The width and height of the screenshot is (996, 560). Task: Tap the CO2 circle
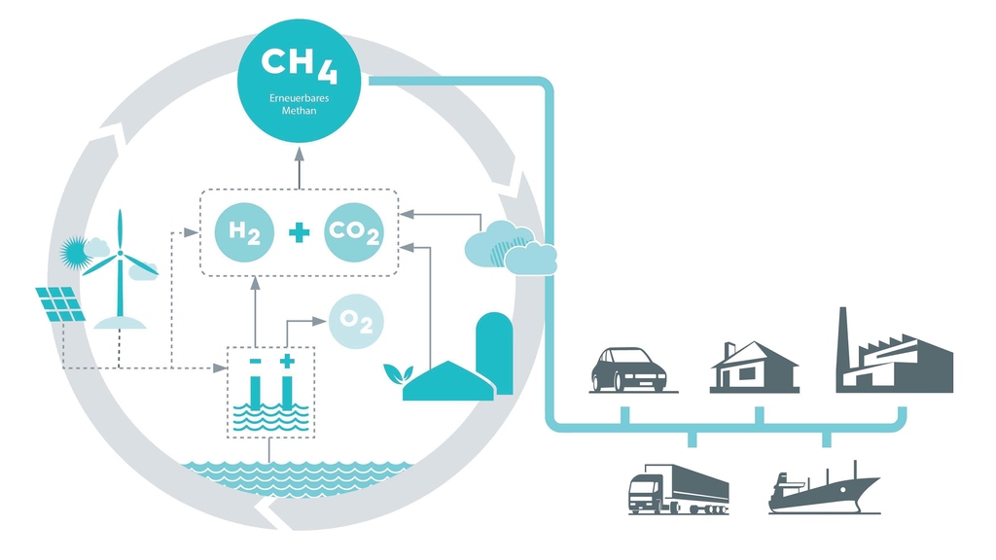pos(354,232)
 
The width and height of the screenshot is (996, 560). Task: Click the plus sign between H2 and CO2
pos(299,232)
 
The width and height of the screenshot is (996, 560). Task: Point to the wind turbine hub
pos(121,255)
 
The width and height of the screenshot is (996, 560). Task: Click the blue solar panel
pos(61,303)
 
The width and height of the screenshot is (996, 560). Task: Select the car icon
pos(628,369)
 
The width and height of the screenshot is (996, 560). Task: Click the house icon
pos(754,367)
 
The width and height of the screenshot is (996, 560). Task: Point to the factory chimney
pos(844,335)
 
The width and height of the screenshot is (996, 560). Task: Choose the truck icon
pos(677,488)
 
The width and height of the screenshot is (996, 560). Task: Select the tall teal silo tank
pos(493,352)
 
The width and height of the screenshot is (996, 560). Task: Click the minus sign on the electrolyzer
pos(255,362)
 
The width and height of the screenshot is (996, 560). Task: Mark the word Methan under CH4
pos(300,111)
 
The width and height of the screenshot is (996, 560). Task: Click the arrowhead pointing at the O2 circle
pos(324,320)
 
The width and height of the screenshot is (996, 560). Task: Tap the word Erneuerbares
pos(300,99)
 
